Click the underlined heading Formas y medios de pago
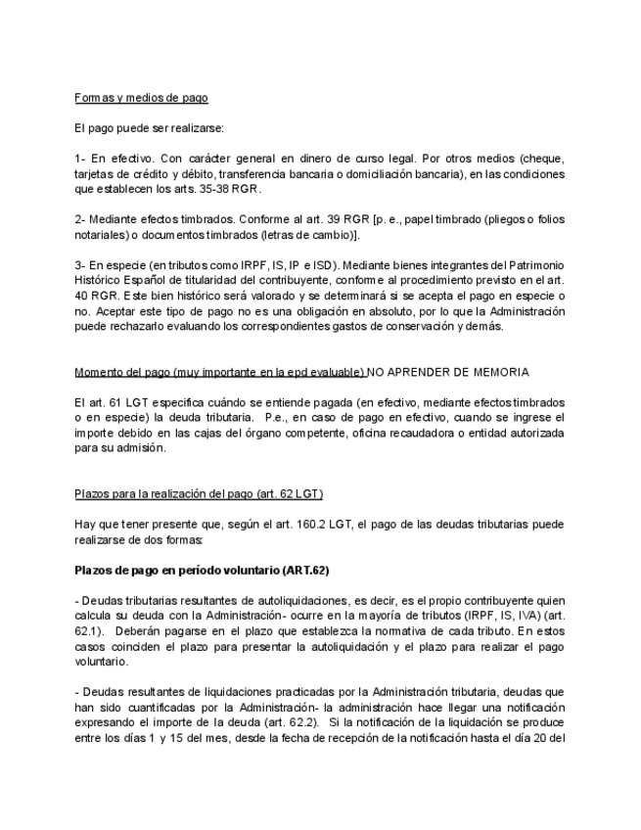pos(141,98)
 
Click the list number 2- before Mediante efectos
pos(80,219)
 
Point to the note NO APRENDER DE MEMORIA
pos(448,372)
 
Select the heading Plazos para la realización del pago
pos(199,493)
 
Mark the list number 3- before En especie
pos(80,266)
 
